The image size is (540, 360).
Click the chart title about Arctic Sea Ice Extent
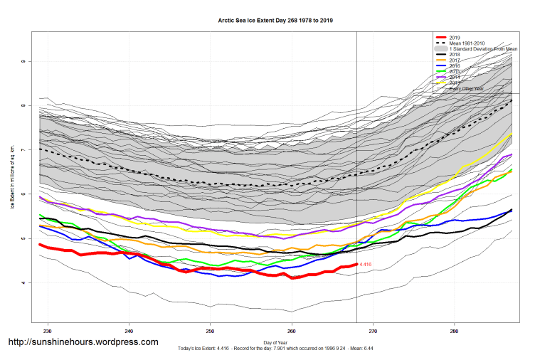pos(275,21)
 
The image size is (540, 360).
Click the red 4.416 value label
pos(366,265)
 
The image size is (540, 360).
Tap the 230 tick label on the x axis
pos(48,331)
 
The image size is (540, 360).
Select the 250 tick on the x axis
pos(210,331)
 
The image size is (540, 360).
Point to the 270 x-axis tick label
pos(373,331)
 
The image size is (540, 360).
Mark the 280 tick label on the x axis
pos(454,331)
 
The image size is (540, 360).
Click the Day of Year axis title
pos(275,342)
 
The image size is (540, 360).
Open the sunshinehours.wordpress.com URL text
pos(83,342)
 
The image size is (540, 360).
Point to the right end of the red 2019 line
pos(356,264)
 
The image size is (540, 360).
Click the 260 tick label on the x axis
pos(292,331)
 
